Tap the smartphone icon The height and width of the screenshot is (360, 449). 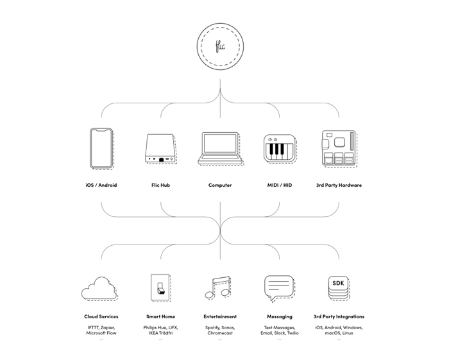pyautogui.click(x=101, y=149)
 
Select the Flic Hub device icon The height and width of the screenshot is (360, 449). pyautogui.click(x=160, y=149)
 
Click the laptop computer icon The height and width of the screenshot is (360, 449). pyautogui.click(x=220, y=150)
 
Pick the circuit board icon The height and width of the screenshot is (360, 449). pyautogui.click(x=338, y=149)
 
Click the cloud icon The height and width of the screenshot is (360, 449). pyautogui.click(x=99, y=289)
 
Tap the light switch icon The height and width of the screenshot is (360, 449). pyautogui.click(x=159, y=287)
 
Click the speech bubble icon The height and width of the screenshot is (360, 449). pyautogui.click(x=279, y=288)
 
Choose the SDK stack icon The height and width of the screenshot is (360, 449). pyautogui.click(x=338, y=288)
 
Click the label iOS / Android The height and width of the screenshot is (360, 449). pyautogui.click(x=101, y=185)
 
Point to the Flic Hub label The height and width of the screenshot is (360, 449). pyautogui.click(x=160, y=185)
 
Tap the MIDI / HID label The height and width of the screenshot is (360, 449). pyautogui.click(x=279, y=185)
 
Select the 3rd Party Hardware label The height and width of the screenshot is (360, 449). pyautogui.click(x=339, y=185)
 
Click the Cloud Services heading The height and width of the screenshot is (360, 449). pyautogui.click(x=101, y=316)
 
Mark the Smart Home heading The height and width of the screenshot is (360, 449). pyautogui.click(x=160, y=316)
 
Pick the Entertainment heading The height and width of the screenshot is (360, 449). pyautogui.click(x=220, y=316)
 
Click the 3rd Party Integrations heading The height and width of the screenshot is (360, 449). pyautogui.click(x=339, y=316)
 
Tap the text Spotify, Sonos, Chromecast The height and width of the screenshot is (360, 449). pyautogui.click(x=220, y=330)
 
